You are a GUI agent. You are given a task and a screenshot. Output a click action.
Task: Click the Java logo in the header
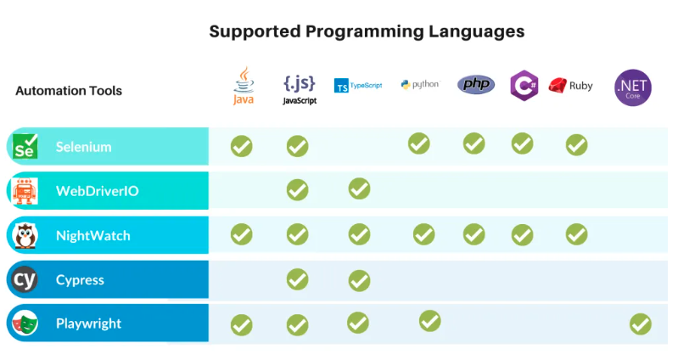click(x=243, y=85)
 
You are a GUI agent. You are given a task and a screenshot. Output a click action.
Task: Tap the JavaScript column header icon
click(x=299, y=87)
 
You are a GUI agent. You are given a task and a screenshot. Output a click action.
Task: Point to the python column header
click(x=419, y=85)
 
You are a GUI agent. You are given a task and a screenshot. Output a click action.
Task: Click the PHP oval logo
click(x=475, y=85)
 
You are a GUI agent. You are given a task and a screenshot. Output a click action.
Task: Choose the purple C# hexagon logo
click(x=523, y=85)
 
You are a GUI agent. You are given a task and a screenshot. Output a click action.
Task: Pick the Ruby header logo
click(x=570, y=85)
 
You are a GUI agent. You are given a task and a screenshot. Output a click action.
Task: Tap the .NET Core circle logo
click(x=633, y=87)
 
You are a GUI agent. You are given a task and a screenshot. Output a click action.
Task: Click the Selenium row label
click(x=84, y=147)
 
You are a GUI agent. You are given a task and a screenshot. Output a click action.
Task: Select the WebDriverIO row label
click(x=97, y=191)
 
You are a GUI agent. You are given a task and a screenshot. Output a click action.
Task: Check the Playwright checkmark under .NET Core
click(x=640, y=323)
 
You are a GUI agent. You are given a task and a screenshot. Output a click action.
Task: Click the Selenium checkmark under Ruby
click(x=576, y=145)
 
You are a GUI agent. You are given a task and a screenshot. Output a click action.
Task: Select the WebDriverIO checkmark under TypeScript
click(x=359, y=188)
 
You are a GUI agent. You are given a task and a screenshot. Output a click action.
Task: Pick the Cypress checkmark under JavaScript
click(x=297, y=278)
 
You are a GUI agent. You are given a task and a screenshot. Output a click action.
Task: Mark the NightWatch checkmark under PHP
click(x=474, y=233)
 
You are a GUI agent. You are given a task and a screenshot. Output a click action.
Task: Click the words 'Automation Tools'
click(x=69, y=91)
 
